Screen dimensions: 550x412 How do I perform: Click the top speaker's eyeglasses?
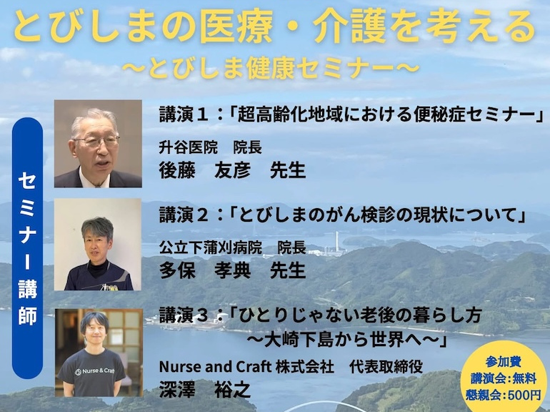tap(96, 141)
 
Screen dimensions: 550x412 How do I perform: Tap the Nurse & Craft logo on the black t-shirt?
tap(94, 371)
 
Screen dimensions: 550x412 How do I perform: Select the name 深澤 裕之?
tap(205, 390)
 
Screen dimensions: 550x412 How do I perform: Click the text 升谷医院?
tap(189, 147)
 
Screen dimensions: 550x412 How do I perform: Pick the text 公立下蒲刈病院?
tap(211, 247)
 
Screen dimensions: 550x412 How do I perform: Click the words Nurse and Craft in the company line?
tap(216, 367)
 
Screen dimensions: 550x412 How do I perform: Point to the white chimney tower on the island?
tap(336, 242)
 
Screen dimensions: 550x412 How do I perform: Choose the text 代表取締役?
tap(386, 367)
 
